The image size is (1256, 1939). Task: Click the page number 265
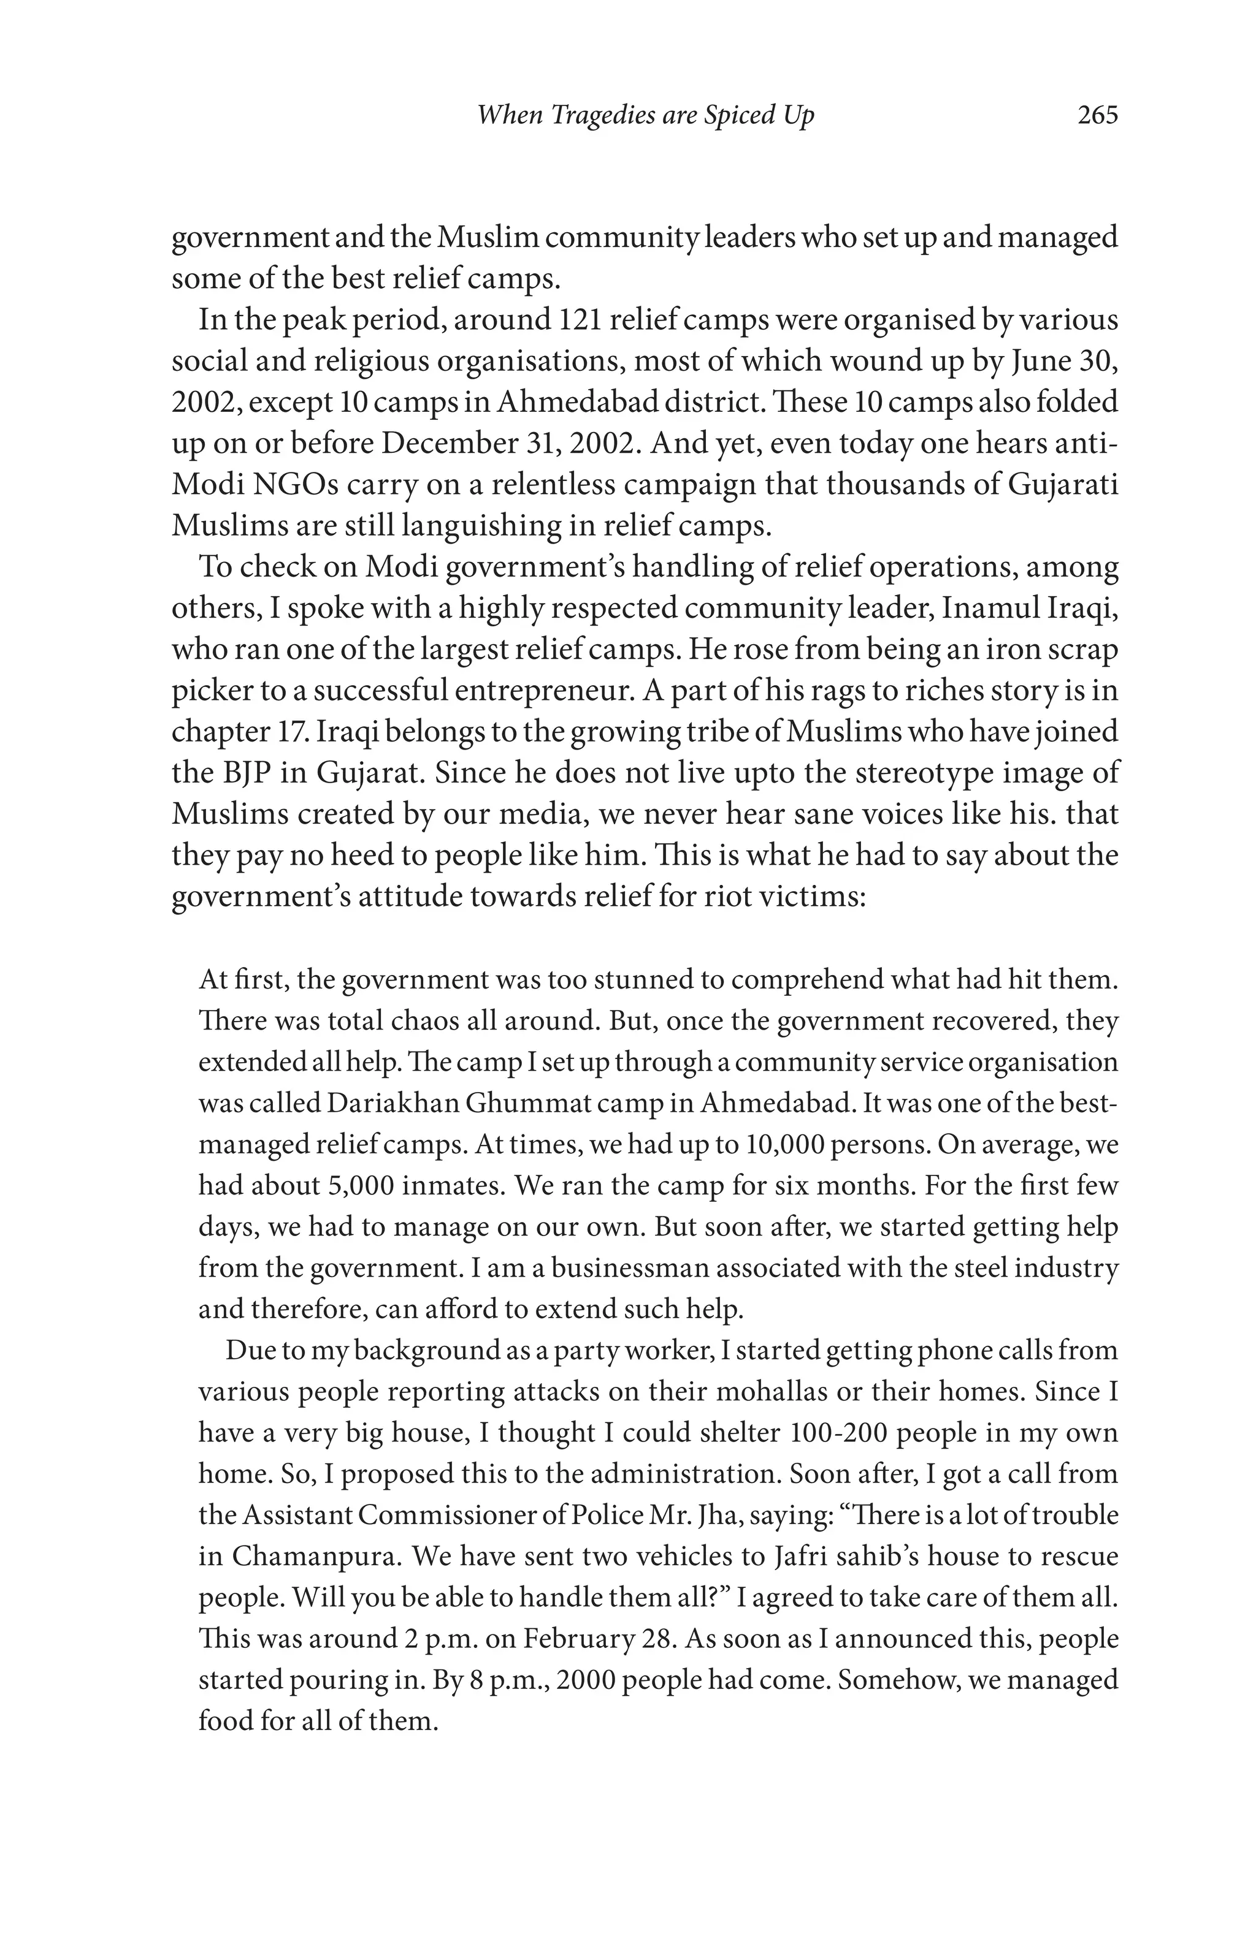(1097, 116)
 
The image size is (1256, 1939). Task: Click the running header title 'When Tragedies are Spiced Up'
(646, 116)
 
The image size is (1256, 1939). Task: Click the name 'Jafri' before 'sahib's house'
(801, 1556)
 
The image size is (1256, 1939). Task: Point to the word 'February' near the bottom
(576, 1639)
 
